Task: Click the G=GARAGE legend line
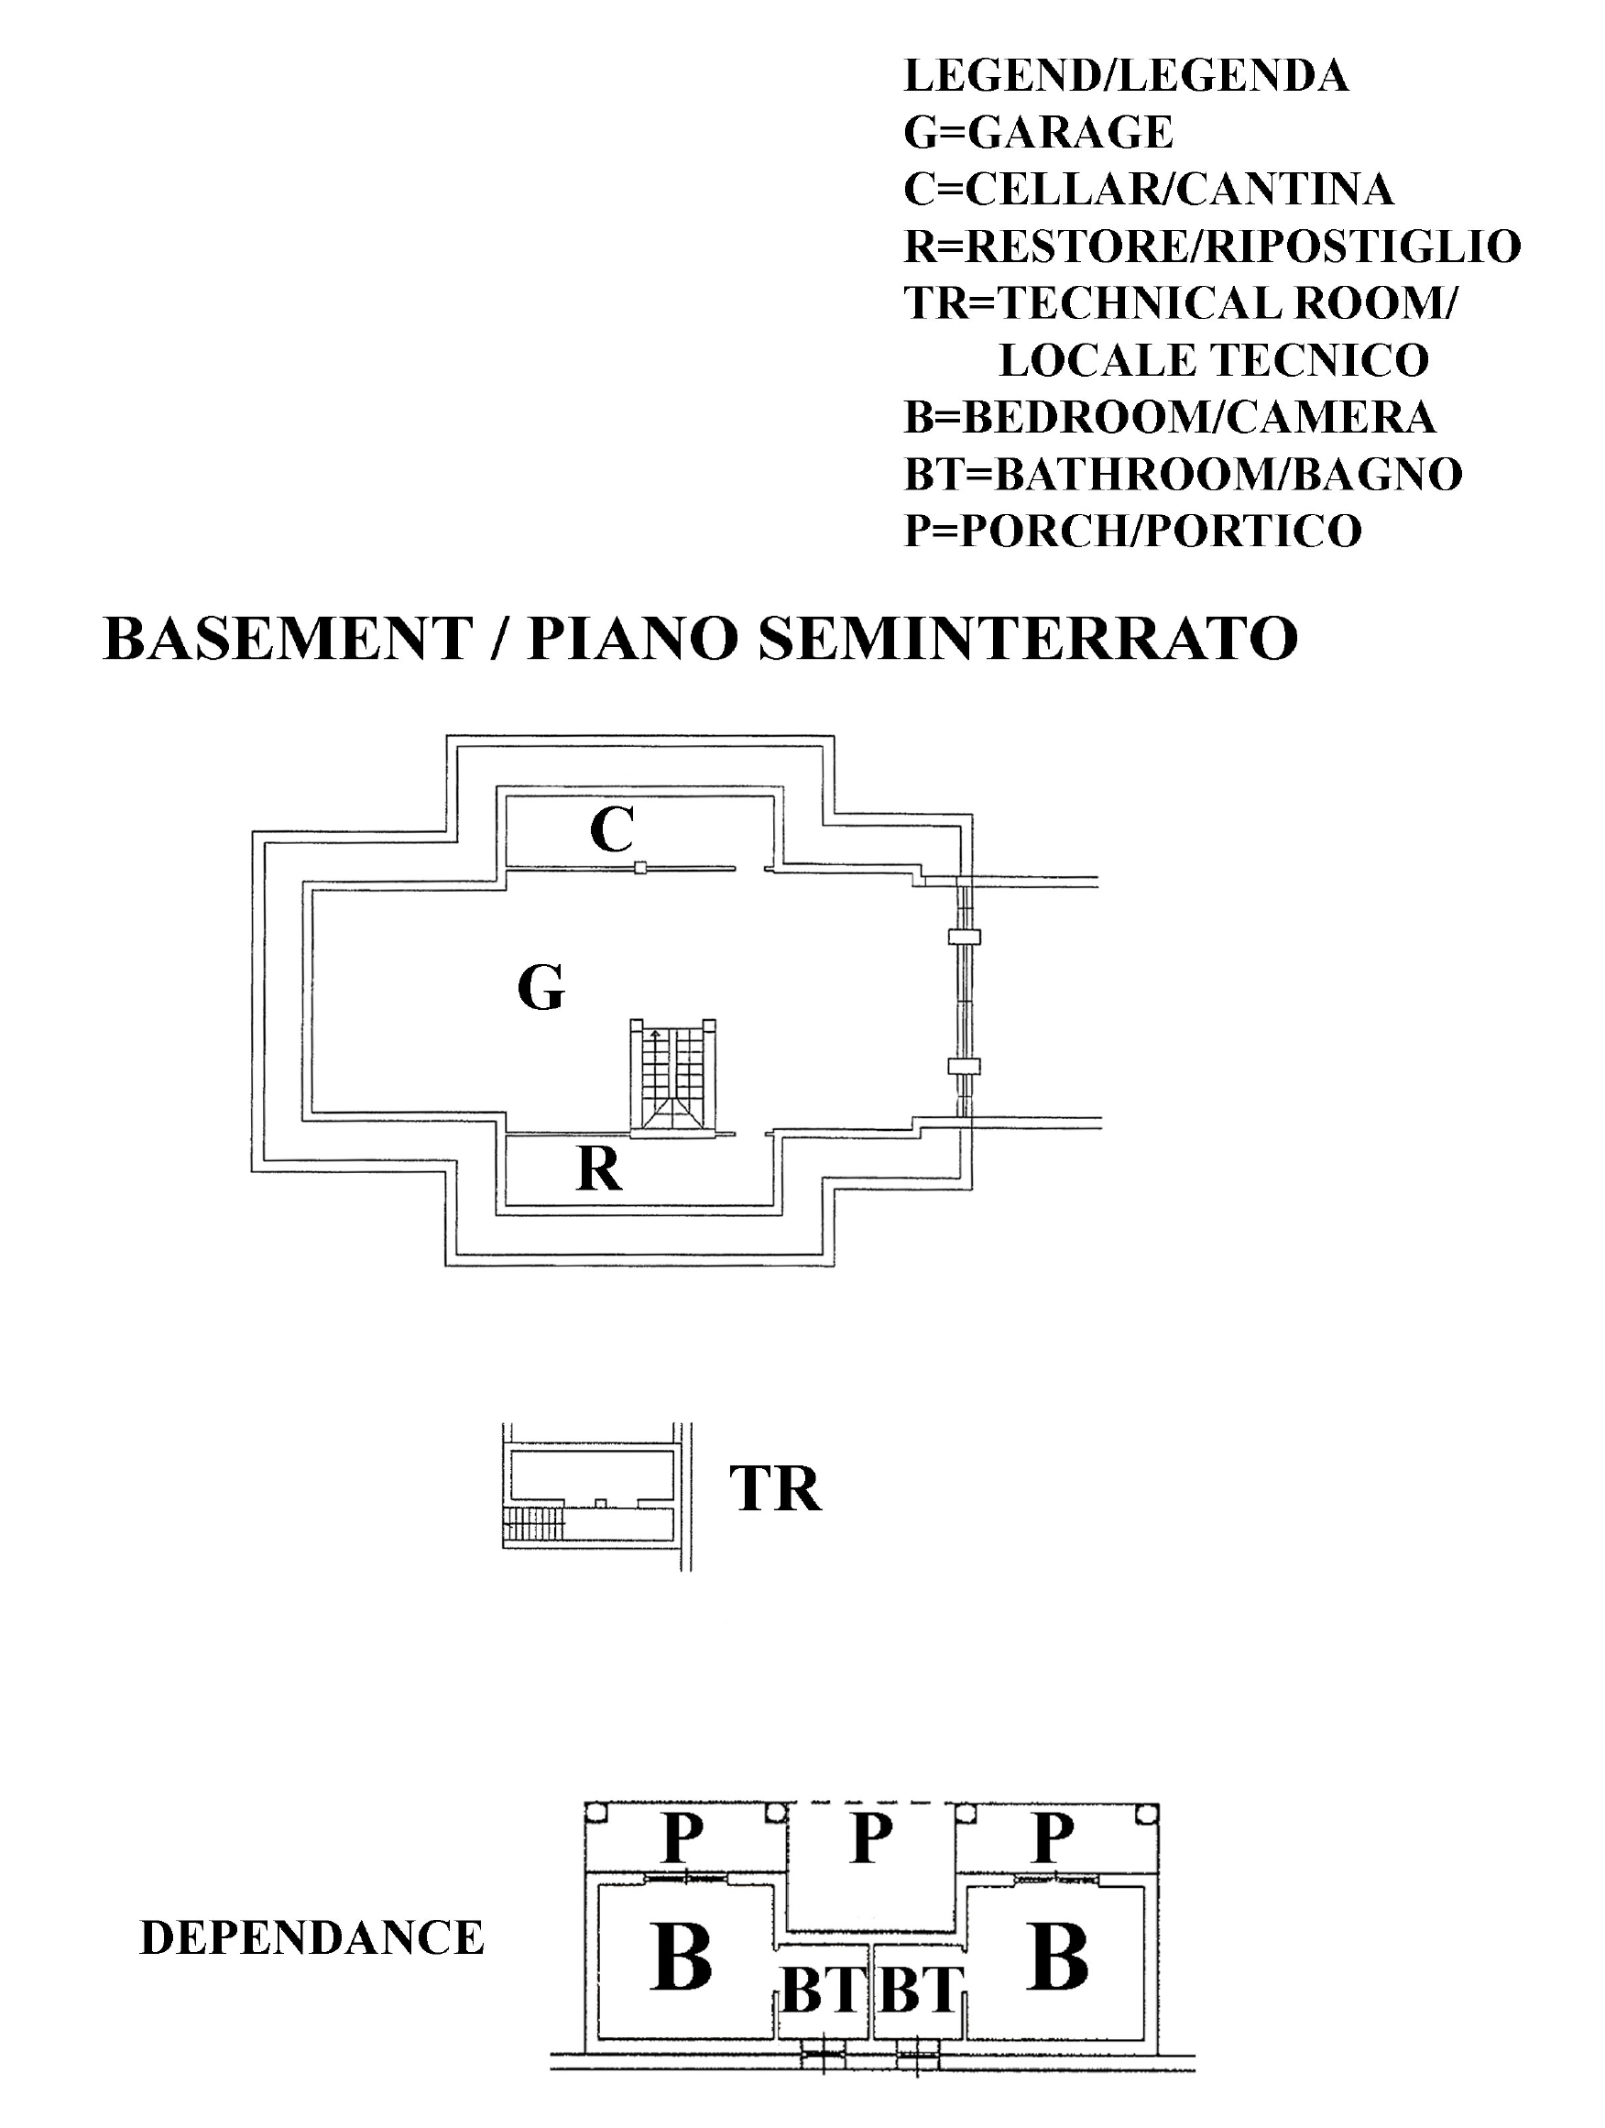point(1038,132)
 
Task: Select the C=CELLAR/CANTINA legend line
point(1148,189)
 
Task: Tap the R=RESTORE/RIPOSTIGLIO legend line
point(1212,246)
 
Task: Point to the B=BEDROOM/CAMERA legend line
point(1169,417)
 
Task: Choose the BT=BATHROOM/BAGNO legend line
point(1183,473)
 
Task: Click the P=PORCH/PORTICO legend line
point(1133,530)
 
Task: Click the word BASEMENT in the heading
point(288,638)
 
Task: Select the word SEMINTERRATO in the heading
point(1028,638)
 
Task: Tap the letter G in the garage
point(540,987)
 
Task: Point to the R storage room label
point(598,1168)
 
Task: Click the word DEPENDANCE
point(311,1937)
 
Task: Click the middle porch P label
point(871,1838)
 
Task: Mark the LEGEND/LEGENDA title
point(1125,75)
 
